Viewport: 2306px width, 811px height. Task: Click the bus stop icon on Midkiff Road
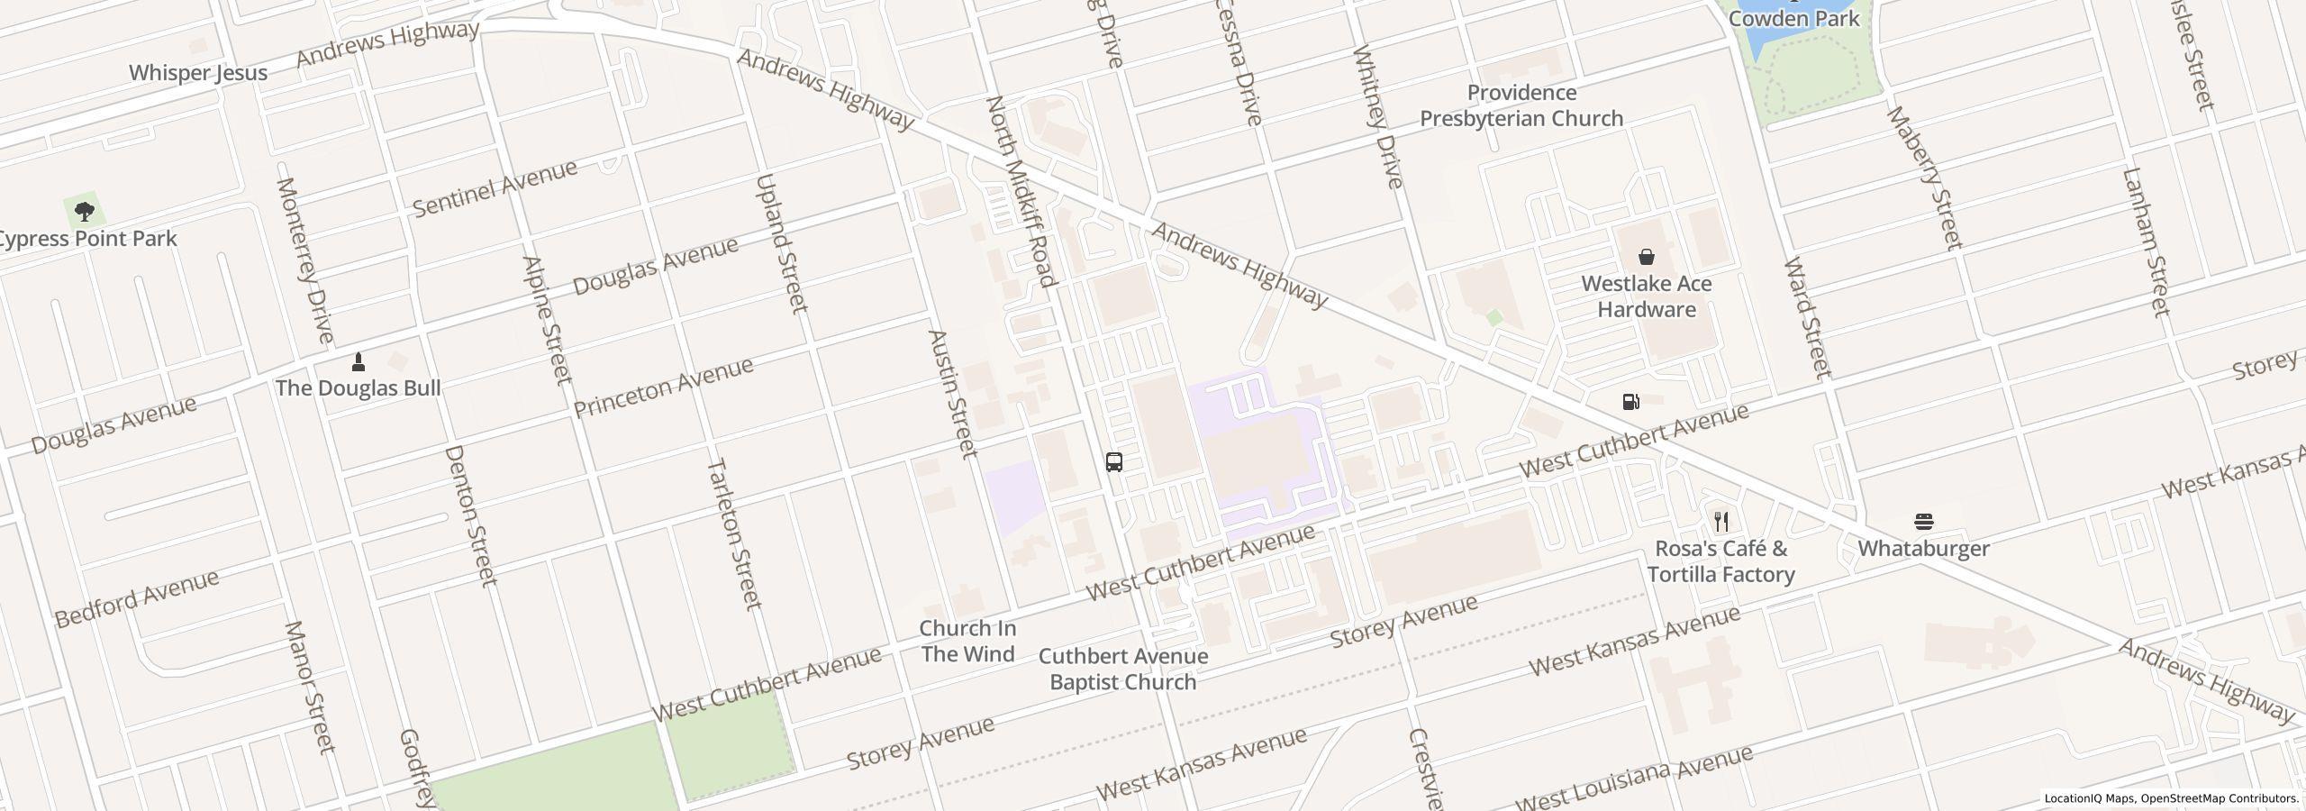pos(1114,462)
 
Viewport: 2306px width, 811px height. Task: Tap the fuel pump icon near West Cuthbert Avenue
pos(1630,402)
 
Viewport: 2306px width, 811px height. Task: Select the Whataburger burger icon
pos(1924,522)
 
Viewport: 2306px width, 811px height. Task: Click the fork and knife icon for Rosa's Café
pos(1721,522)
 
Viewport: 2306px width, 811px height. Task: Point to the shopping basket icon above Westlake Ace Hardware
pos(1647,258)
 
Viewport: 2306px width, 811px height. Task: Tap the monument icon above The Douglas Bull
pos(359,362)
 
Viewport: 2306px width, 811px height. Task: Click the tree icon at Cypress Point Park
pos(85,213)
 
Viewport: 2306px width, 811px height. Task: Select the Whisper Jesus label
pos(198,73)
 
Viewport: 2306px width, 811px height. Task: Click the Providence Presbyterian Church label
pos(1521,105)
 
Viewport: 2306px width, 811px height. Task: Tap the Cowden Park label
pos(1794,18)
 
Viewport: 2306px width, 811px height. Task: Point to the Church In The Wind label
pos(967,641)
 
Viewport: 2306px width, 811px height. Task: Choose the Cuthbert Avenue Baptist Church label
pos(1123,669)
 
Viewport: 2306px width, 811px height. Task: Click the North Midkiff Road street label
pos(1021,191)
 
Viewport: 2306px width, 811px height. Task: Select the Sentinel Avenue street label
pos(495,188)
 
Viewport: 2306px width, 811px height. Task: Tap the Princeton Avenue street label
pos(663,387)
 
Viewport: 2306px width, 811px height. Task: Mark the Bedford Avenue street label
pos(137,598)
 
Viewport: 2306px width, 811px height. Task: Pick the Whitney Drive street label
pos(1377,116)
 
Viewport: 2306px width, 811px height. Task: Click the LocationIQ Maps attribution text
pos(2089,798)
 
